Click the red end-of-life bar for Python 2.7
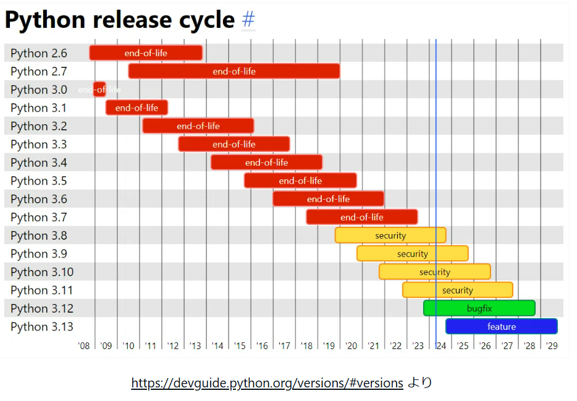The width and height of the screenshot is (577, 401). [x=234, y=71]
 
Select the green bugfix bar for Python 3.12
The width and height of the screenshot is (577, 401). [x=479, y=308]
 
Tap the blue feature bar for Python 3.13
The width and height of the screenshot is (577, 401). [x=501, y=326]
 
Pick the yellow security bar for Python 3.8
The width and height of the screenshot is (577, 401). [x=390, y=235]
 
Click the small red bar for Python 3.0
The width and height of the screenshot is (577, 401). [x=99, y=90]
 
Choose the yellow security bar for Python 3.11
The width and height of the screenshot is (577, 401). [x=457, y=290]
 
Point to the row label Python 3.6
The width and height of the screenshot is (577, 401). [x=39, y=199]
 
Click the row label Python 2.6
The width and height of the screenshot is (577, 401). [x=39, y=53]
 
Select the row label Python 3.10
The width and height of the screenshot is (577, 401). [x=42, y=272]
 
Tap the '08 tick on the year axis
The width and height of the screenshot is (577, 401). [x=84, y=345]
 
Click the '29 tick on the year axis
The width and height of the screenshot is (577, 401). [x=552, y=345]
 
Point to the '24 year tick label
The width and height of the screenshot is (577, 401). [x=440, y=345]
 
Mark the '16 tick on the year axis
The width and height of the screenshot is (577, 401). [x=262, y=345]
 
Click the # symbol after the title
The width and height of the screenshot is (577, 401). [x=248, y=20]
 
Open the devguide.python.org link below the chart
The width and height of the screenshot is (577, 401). [x=267, y=383]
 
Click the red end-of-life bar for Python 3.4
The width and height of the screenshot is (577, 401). [x=266, y=163]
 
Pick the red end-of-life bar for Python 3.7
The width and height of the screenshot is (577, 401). [x=361, y=217]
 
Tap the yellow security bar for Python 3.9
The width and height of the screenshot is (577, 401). [x=412, y=253]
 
